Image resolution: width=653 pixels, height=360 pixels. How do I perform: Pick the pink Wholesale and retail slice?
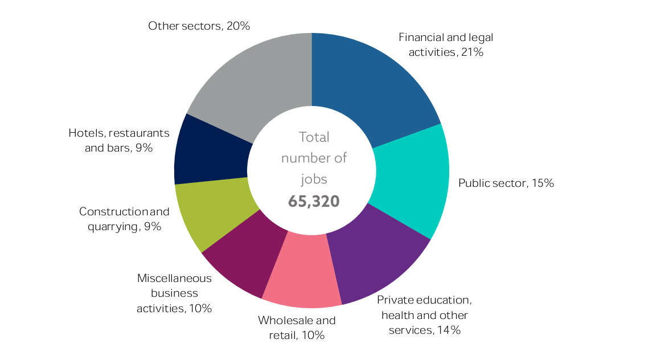(x=302, y=273)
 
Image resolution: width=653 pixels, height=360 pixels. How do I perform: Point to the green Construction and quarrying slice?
(x=211, y=211)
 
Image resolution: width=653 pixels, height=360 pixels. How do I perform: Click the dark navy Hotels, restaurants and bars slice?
(x=211, y=151)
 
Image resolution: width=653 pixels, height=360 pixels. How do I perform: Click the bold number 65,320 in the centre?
(x=314, y=201)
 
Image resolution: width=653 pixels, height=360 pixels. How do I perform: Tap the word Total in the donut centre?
(x=314, y=137)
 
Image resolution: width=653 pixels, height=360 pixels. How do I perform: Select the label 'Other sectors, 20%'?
(x=199, y=26)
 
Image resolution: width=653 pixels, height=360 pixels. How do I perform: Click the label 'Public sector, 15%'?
(x=506, y=183)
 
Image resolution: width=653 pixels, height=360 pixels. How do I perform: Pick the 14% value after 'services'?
(x=449, y=330)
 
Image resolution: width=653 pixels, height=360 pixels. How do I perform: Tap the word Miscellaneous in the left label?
(x=174, y=279)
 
